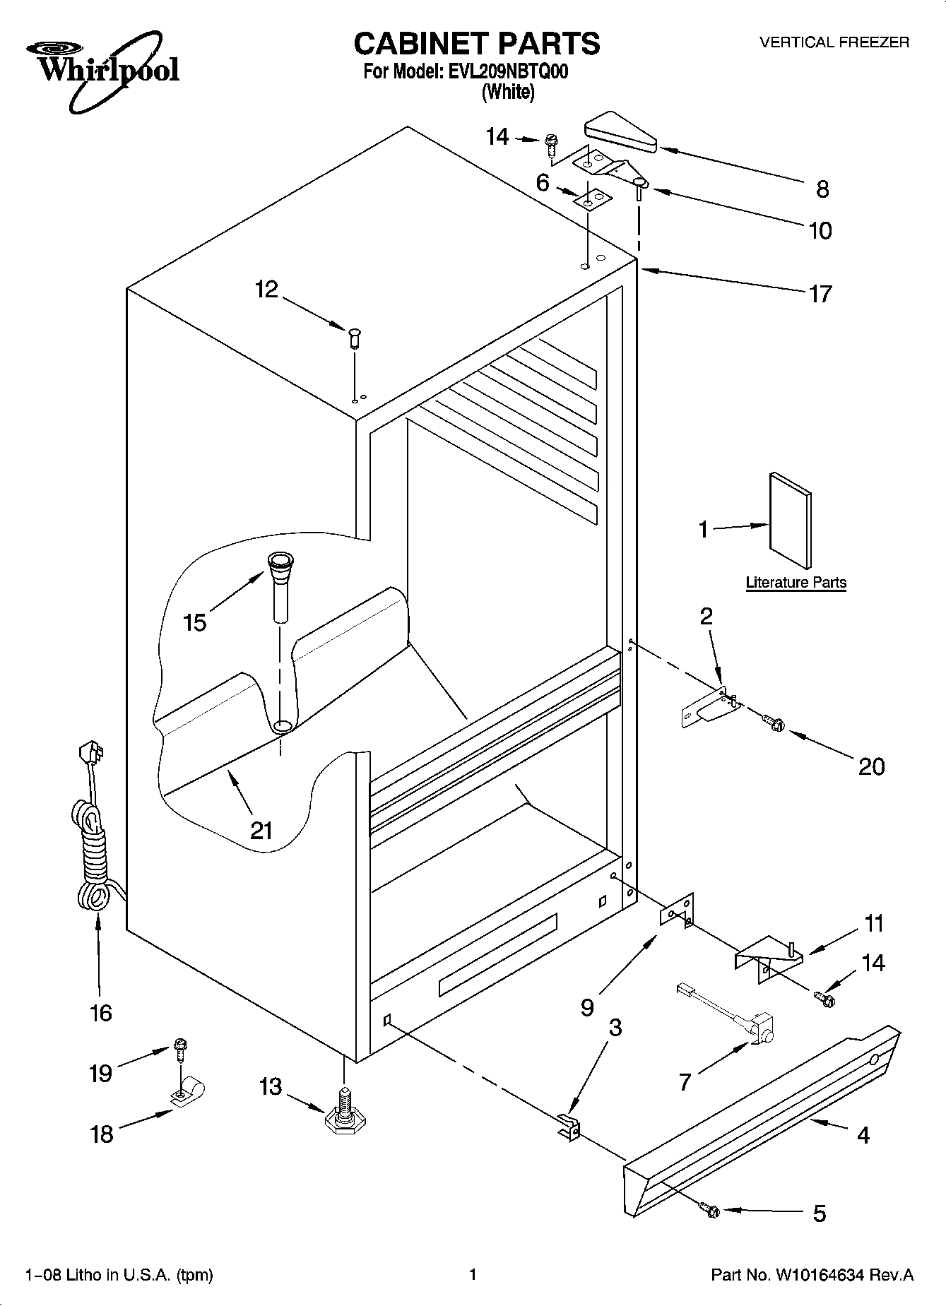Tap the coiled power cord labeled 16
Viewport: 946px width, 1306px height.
pyautogui.click(x=92, y=848)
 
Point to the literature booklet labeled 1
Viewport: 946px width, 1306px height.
pyautogui.click(x=789, y=520)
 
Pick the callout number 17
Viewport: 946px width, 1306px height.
pyautogui.click(x=820, y=293)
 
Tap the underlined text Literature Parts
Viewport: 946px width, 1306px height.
pyautogui.click(x=796, y=583)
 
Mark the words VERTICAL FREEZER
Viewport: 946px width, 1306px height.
pyautogui.click(x=834, y=42)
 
